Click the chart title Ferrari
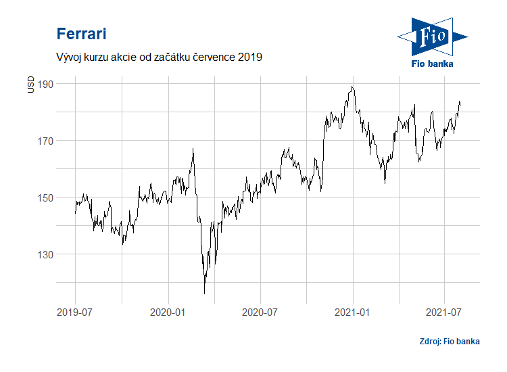click(x=81, y=34)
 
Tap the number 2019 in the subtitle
click(x=249, y=57)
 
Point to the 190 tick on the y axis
click(x=45, y=84)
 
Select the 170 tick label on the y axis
click(x=45, y=141)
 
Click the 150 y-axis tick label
click(x=45, y=197)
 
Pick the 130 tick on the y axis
click(x=45, y=254)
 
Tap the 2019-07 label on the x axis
click(x=74, y=312)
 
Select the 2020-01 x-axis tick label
click(x=168, y=312)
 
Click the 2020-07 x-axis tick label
click(x=260, y=312)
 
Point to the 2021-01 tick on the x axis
click(x=353, y=312)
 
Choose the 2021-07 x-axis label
click(x=444, y=312)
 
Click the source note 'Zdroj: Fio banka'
click(x=449, y=341)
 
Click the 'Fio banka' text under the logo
click(x=432, y=64)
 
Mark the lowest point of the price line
click(x=204, y=294)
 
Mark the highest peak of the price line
click(x=352, y=87)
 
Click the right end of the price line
click(x=460, y=103)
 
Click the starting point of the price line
click(x=74, y=213)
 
